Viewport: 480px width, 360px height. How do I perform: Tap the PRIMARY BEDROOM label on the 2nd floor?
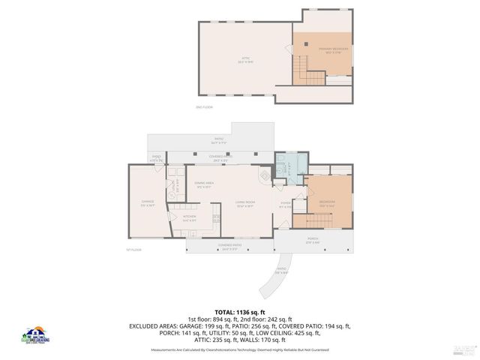[321, 50]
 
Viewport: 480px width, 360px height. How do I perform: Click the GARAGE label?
[148, 202]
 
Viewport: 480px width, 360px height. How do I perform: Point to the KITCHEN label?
[189, 219]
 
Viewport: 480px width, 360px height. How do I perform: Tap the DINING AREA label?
[205, 184]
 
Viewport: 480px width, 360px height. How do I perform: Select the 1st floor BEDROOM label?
[327, 202]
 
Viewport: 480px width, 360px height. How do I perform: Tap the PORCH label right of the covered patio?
[313, 241]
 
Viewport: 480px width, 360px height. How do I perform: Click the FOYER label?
[285, 204]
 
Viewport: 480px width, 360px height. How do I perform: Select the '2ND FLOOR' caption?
[205, 107]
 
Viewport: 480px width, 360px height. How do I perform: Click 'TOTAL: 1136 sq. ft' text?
[239, 311]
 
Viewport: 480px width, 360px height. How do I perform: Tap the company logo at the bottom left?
[35, 336]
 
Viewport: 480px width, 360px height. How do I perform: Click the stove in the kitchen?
[216, 219]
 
